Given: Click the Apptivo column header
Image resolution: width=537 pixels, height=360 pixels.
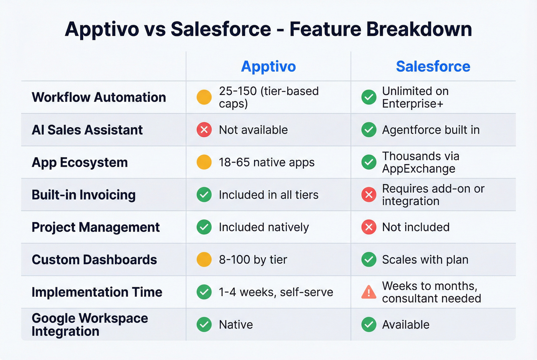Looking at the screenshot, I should (x=268, y=66).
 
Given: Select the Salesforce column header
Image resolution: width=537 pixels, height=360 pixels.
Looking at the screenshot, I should (x=433, y=66).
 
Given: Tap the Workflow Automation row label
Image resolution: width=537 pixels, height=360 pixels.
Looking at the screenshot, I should (x=99, y=97).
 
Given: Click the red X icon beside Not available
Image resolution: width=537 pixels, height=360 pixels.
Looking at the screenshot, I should (x=204, y=130).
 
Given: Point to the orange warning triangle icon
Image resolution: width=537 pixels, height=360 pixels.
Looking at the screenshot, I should (x=369, y=293).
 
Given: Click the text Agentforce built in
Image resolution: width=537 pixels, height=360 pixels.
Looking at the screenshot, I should (x=431, y=130).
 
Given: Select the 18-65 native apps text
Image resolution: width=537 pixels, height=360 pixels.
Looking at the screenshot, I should (x=267, y=163).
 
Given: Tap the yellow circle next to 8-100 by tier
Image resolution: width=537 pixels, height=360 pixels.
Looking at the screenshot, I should (x=204, y=260).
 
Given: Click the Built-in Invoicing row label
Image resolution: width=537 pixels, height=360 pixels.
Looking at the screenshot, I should (x=84, y=195).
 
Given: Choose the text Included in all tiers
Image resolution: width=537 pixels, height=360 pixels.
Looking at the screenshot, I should (x=268, y=195).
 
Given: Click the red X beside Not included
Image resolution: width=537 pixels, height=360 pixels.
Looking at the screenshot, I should (x=369, y=227).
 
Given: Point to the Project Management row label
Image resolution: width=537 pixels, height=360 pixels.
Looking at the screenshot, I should (x=96, y=227).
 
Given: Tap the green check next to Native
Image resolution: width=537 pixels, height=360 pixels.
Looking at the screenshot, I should (x=204, y=325).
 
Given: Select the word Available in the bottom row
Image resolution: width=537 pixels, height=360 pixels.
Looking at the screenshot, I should (x=405, y=325).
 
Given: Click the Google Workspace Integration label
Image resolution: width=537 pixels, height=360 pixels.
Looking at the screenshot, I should (x=90, y=324).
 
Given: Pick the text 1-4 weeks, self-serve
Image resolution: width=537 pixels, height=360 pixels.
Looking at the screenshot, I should (x=276, y=292).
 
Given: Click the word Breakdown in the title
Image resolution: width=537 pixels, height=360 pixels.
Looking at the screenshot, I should (x=419, y=29).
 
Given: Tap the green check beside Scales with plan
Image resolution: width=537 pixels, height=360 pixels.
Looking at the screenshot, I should (x=369, y=260).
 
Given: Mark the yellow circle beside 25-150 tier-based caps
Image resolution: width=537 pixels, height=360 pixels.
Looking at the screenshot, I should (x=204, y=97).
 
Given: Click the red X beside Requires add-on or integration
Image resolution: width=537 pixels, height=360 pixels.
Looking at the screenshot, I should (x=369, y=195).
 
